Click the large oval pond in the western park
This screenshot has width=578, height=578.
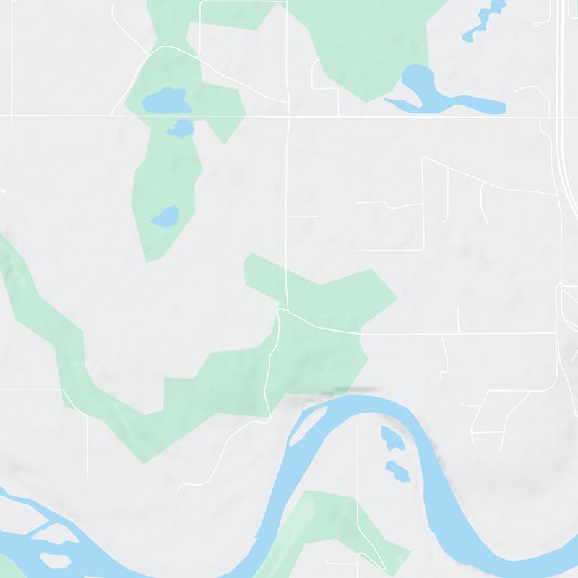165,101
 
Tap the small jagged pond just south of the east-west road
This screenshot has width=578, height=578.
180,129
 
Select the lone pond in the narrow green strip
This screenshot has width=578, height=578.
165,216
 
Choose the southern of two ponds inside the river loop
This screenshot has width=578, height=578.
397,471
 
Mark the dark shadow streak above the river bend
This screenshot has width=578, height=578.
355,391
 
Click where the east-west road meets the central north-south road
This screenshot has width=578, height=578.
288,116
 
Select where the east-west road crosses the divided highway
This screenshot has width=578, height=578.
563,116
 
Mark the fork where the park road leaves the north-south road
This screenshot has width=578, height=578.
280,311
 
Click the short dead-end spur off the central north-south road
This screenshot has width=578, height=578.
303,216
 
